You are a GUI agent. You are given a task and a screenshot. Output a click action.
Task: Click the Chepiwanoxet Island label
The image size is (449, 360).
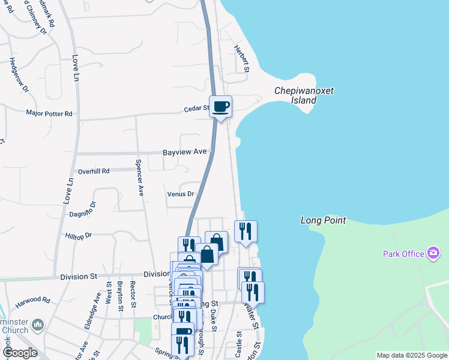[304, 95]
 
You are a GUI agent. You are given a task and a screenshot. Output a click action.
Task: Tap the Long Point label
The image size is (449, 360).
[323, 221]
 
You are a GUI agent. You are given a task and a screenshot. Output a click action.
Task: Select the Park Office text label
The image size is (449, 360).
[403, 254]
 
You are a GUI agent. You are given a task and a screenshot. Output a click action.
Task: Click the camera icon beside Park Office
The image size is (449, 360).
[432, 253]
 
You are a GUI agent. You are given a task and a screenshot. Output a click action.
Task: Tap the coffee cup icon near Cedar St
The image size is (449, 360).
[220, 106]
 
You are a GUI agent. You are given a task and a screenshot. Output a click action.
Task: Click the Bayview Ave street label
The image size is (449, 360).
[184, 152]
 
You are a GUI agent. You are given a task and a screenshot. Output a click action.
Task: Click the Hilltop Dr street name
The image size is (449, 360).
[78, 236]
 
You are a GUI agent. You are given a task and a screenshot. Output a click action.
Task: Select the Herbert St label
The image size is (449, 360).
[241, 59]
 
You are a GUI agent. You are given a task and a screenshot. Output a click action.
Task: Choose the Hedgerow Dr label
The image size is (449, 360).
[19, 75]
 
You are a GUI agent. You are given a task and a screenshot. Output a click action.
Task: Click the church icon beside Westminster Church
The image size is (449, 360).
[38, 325]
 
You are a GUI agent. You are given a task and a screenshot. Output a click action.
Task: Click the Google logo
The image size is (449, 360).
[20, 353]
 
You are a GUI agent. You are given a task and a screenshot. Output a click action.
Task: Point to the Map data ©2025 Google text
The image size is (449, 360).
[411, 355]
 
